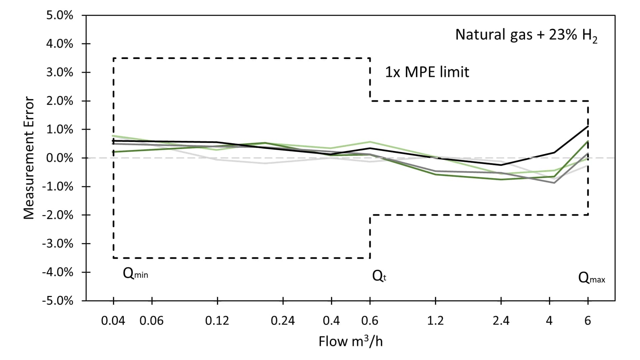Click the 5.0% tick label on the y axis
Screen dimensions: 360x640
pos(59,15)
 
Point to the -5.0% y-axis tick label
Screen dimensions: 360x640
pos(57,301)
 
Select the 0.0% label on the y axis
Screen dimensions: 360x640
pos(59,158)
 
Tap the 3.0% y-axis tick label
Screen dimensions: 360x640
pos(59,72)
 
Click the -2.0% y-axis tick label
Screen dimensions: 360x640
pos(57,215)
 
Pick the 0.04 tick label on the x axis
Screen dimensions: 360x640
pos(113,321)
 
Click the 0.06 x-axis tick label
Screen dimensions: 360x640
pos(151,321)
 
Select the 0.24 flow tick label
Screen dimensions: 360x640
pos(283,321)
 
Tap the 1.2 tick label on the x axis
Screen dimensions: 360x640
pos(435,321)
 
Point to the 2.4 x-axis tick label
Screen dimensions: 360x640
pos(501,321)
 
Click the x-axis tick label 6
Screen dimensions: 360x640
pos(588,321)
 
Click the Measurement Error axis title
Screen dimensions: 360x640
pos(29,158)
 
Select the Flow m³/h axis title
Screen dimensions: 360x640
pos(350,341)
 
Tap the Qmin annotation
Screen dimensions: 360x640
pos(135,274)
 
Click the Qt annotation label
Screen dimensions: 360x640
pos(379,276)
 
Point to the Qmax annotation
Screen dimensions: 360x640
pos(591,278)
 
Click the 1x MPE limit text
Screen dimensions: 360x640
pos(427,72)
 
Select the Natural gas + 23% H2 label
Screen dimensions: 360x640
pos(526,35)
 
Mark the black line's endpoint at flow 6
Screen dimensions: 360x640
pos(588,126)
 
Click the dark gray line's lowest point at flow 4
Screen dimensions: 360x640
pos(554,183)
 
